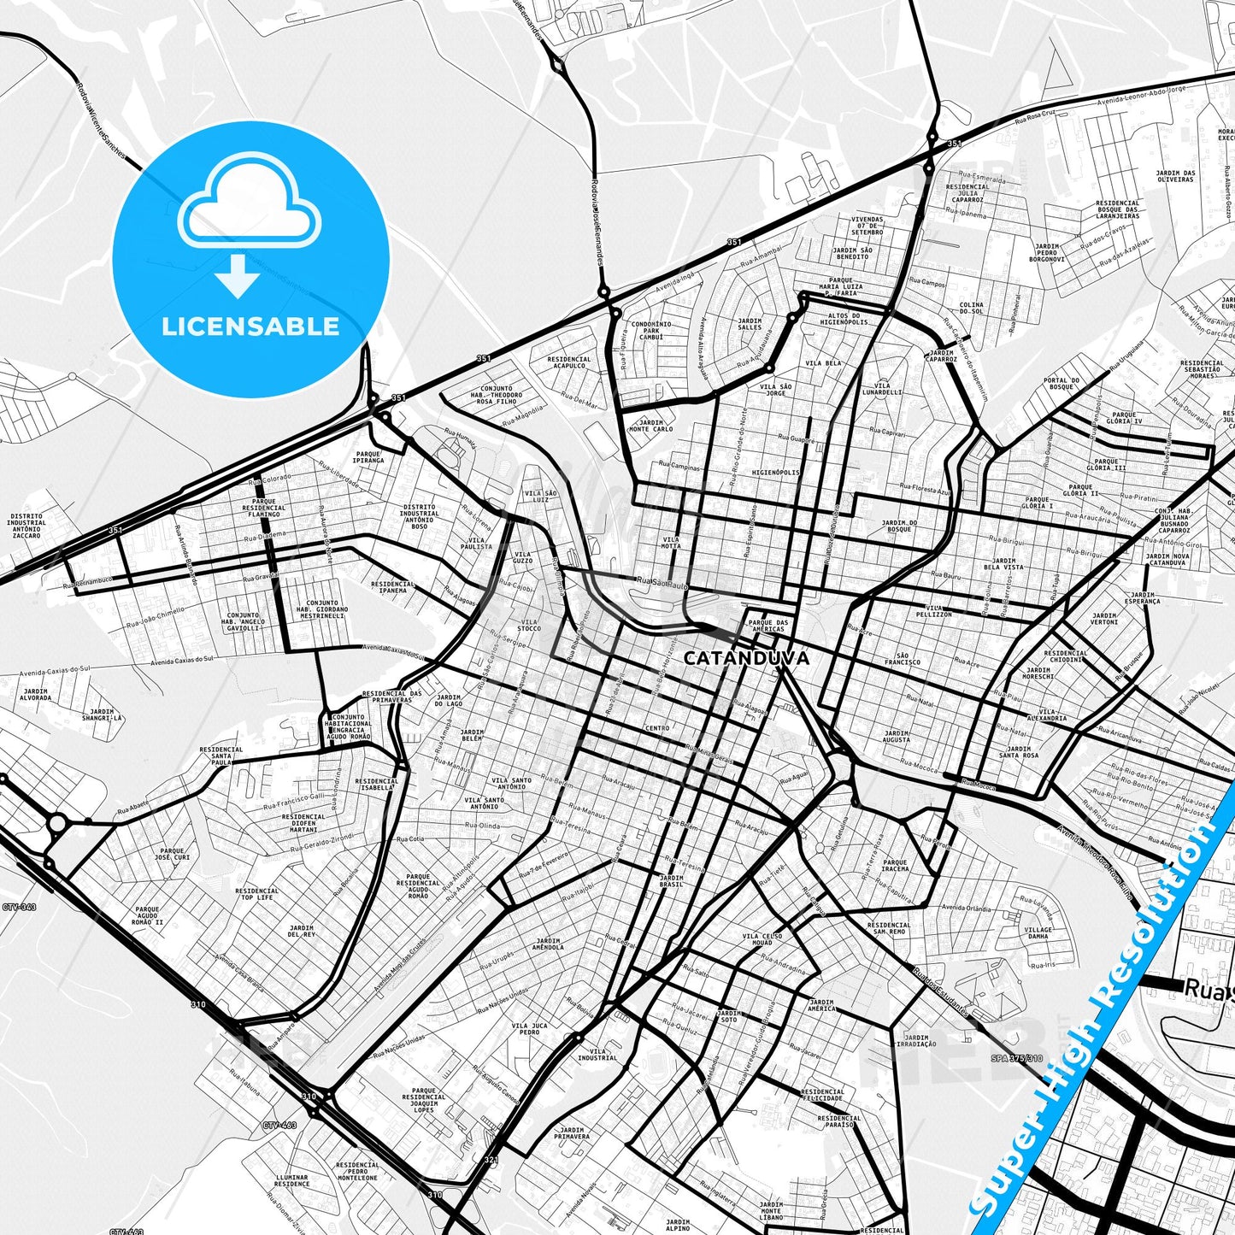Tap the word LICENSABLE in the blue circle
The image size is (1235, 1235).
[250, 326]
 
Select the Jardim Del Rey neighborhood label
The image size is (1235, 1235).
[302, 931]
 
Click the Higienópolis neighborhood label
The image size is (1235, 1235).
[775, 472]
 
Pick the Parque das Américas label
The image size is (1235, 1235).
[767, 626]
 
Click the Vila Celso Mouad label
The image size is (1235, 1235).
[762, 939]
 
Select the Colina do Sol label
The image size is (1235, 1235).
[971, 309]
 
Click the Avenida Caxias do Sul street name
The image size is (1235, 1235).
[182, 661]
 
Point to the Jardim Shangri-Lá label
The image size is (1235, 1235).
[101, 715]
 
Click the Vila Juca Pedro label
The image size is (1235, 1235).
[530, 1028]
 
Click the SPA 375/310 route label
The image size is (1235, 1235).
[1016, 1058]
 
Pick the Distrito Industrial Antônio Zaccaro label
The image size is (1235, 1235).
[26, 526]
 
